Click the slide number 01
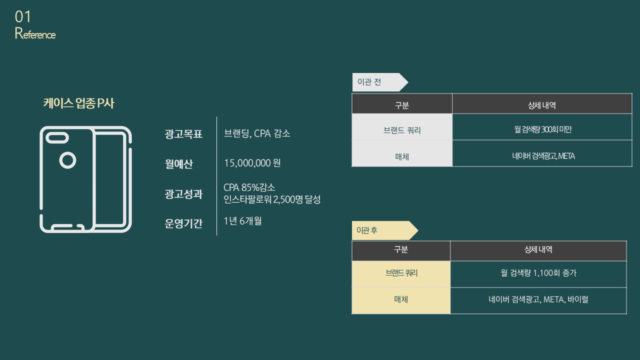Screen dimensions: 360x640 coord(23,17)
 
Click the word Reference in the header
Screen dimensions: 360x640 coord(35,34)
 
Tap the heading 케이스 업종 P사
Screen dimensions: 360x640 coord(79,103)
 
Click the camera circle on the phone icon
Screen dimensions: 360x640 coord(67,160)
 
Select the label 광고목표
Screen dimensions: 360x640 coord(183,134)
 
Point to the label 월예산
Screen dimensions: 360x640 coord(178,164)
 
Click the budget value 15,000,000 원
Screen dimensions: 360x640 coord(252,163)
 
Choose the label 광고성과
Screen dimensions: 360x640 coord(183,194)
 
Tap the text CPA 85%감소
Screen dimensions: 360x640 coord(249,187)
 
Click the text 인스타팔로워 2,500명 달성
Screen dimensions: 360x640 coord(272,199)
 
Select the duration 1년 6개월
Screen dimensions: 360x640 coord(242,221)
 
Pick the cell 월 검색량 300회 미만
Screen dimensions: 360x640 coord(542,129)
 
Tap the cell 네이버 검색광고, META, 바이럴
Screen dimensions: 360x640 coord(538,299)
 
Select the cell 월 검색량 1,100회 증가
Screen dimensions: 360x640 coord(538,273)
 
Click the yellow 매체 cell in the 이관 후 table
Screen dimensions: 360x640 coord(401,300)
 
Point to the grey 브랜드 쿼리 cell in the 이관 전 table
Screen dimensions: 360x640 coord(402,130)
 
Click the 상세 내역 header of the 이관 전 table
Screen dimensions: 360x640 coord(542,105)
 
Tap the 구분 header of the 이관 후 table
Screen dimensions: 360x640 coord(401,249)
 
